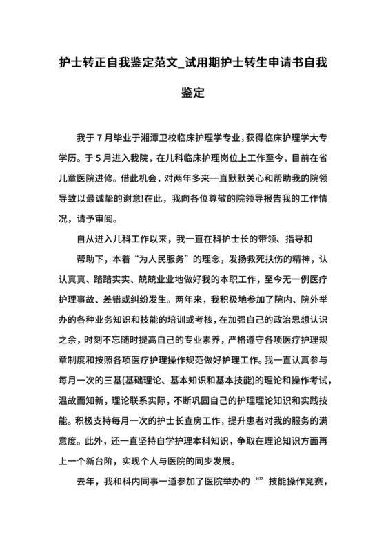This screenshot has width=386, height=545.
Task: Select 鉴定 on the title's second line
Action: pos(193,92)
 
